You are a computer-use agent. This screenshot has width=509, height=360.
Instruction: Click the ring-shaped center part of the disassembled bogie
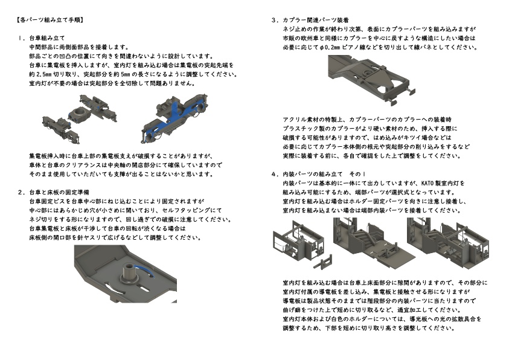click(x=78, y=112)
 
